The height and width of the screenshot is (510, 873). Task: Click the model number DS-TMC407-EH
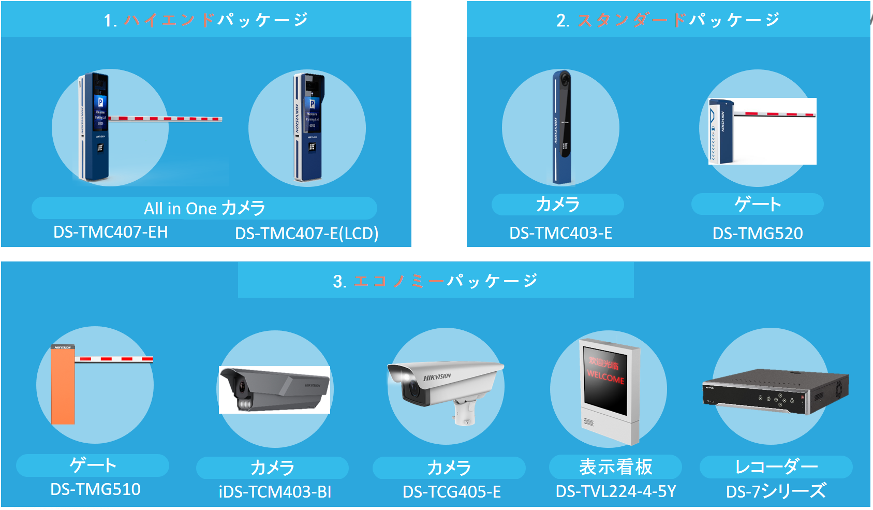click(110, 232)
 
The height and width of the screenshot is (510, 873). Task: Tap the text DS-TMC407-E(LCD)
click(306, 234)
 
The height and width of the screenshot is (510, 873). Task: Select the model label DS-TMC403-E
click(560, 233)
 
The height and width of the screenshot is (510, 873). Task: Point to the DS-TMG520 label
click(757, 234)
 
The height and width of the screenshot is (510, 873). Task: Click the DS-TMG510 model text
click(95, 489)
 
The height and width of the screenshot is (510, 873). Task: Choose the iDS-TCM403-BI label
click(275, 491)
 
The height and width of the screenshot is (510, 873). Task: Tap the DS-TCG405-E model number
click(451, 491)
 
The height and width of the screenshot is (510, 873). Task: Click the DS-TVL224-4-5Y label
click(615, 491)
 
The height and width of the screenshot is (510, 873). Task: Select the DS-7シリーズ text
click(776, 491)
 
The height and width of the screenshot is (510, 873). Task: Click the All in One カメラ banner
click(204, 208)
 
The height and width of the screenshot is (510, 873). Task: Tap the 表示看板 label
click(615, 467)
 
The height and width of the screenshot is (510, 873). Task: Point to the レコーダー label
click(776, 467)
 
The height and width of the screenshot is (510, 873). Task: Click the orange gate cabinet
click(63, 386)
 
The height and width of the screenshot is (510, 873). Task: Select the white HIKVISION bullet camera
click(442, 386)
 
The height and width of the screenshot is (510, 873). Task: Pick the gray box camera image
click(274, 389)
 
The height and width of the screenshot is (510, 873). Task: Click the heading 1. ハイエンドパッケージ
click(206, 20)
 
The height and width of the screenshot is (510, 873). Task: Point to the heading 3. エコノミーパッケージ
click(435, 281)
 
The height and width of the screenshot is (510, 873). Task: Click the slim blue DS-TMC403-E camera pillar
click(562, 127)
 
